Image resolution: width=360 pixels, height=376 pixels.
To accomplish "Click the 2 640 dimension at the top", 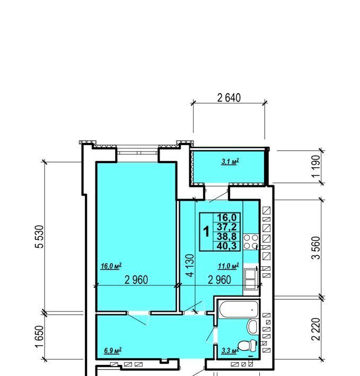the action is (229, 98).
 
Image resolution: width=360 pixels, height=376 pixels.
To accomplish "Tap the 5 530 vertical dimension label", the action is (40, 236).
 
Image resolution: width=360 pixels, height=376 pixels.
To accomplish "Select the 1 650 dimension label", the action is (40, 336).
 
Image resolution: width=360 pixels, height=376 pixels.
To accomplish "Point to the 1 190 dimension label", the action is (317, 166).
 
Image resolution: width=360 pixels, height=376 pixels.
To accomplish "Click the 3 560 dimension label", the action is (316, 248).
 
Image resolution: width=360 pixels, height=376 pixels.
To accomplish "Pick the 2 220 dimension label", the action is (316, 329).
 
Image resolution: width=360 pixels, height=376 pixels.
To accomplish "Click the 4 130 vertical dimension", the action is (190, 265).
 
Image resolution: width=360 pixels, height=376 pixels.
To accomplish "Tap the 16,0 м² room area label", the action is (111, 266).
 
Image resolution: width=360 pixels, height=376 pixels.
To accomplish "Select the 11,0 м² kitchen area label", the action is (229, 266).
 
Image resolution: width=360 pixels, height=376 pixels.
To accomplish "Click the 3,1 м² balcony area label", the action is (230, 162).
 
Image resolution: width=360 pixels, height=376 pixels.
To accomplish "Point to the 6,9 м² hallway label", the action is (112, 351).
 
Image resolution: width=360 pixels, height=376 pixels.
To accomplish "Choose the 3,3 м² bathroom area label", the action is (230, 351).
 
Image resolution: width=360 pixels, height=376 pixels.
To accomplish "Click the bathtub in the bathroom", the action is (239, 309).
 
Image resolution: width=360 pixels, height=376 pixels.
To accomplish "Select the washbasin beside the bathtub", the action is (252, 327).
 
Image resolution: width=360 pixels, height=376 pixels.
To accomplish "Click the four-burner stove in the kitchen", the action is (251, 241).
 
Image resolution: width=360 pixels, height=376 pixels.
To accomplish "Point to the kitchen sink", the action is (251, 279).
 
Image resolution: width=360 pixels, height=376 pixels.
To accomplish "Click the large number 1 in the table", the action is (206, 232).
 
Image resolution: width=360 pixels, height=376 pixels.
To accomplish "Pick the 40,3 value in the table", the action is (226, 246).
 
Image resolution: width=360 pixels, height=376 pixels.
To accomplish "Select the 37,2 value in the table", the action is (226, 227).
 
